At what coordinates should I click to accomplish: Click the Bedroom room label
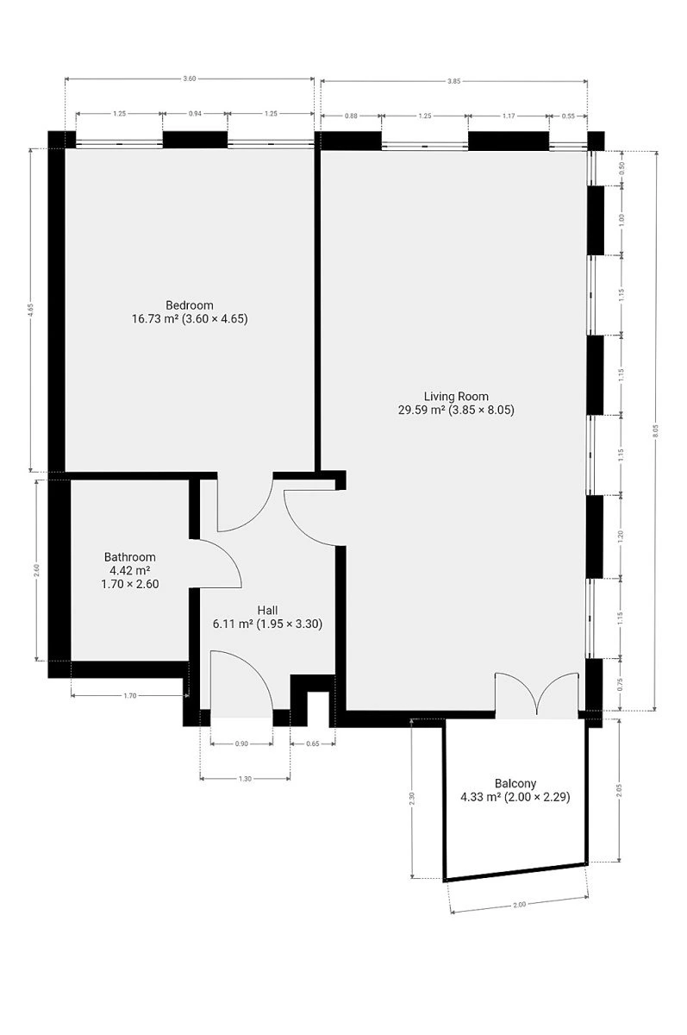click(190, 305)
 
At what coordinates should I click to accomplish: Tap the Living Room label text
click(456, 396)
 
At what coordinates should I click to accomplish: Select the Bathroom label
click(130, 557)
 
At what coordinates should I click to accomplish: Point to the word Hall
click(267, 610)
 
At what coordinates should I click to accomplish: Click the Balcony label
click(515, 783)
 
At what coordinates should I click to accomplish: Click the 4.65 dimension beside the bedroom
click(30, 308)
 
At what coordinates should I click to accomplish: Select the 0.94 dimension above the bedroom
click(195, 113)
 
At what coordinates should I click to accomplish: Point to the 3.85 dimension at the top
click(454, 81)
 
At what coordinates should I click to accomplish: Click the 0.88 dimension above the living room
click(351, 116)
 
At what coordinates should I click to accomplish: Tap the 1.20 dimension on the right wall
click(621, 536)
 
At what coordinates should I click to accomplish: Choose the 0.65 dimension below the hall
click(313, 743)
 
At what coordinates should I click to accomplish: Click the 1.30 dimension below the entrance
click(245, 779)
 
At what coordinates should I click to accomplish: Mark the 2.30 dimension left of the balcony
click(412, 798)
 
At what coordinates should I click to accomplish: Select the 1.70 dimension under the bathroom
click(130, 695)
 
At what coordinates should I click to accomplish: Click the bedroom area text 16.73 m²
click(155, 318)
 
